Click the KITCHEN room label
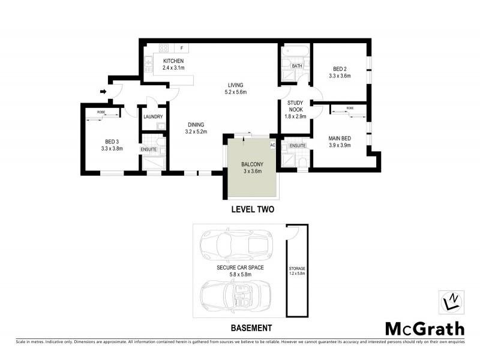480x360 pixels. coord(173,61)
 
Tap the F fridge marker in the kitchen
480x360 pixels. coord(181,47)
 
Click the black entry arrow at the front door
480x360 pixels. coord(103,92)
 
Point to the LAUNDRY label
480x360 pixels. coord(153,117)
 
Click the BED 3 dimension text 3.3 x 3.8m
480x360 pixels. coord(112,149)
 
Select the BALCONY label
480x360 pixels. coord(252,164)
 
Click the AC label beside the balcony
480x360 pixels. coord(272,145)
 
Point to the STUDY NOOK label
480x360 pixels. coord(294,106)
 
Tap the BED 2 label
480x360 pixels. coord(339,68)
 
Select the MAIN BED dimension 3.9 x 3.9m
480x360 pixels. coord(340,146)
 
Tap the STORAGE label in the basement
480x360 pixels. coord(297,268)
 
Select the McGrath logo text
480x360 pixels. coord(424,328)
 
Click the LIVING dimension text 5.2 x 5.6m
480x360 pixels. coord(235,92)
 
